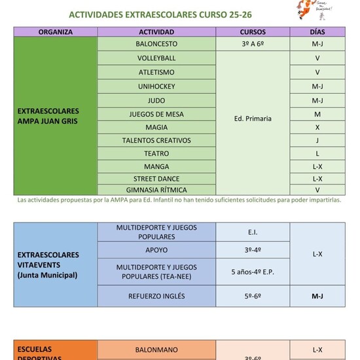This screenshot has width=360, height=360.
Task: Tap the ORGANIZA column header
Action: pos(56,31)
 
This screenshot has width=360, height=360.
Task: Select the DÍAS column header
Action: pos(317,31)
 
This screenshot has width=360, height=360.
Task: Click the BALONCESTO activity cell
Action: pos(156,44)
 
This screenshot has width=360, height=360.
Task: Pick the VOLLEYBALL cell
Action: pos(156,58)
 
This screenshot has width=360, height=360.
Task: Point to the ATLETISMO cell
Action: pos(156,73)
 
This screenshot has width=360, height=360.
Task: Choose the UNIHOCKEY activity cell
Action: pos(156,86)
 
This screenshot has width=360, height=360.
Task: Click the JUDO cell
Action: pos(156,101)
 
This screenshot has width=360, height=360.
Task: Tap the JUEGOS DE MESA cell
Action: pos(156,114)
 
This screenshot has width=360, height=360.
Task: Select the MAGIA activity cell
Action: pos(156,127)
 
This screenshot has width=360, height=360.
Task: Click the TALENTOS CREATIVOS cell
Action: pos(156,140)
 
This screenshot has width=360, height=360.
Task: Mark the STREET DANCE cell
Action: pos(156,179)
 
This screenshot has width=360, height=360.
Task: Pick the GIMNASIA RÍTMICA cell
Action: pos(156,190)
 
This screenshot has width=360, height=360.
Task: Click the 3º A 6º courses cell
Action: pos(253,44)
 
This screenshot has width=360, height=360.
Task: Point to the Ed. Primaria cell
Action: pos(253,118)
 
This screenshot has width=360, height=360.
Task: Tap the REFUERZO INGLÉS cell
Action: pos(156,296)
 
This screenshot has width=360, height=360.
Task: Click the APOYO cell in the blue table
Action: pos(156,250)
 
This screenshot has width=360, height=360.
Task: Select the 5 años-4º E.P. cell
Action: pos(253,272)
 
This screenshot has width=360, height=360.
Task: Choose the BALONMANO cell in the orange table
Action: pos(156,350)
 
